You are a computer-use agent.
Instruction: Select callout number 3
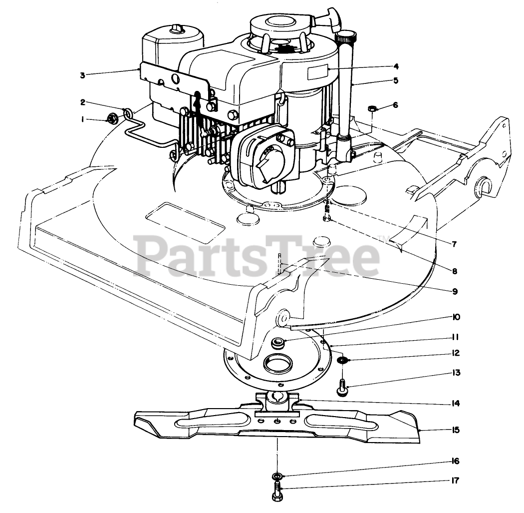(82, 75)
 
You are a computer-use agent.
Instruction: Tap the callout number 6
(395, 105)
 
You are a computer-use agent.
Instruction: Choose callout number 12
(454, 353)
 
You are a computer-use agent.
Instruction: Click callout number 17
(454, 481)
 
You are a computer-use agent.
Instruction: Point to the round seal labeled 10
(277, 344)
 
